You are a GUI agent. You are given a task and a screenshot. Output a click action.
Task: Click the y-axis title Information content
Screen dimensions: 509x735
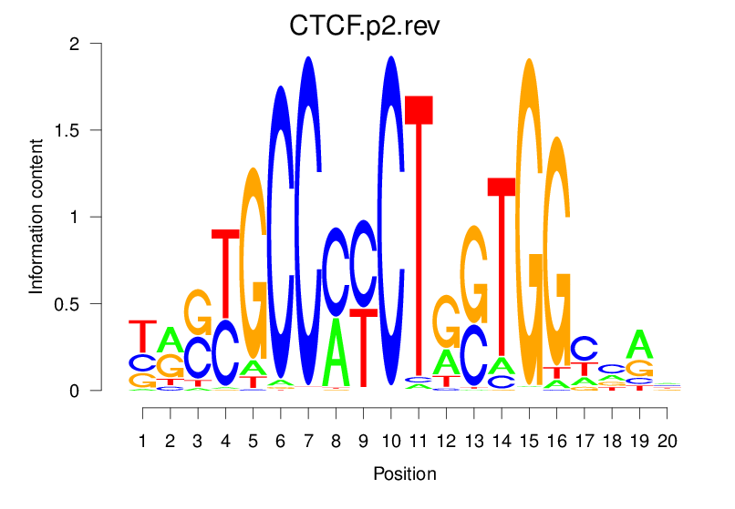[x=36, y=217]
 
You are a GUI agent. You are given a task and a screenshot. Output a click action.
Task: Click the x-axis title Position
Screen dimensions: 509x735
[x=404, y=474]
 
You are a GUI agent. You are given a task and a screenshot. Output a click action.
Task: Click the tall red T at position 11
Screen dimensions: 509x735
[x=419, y=237]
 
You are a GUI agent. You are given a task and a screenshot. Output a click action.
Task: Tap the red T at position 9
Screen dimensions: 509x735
[x=364, y=347]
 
